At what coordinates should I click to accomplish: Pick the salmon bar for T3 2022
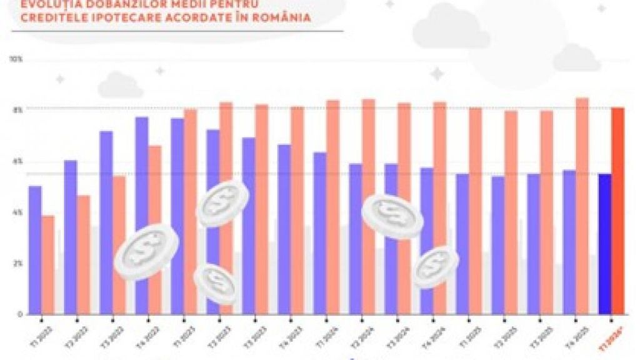point(119,244)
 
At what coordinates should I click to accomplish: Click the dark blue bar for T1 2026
point(605,244)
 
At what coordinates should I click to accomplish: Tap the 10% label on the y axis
point(16,59)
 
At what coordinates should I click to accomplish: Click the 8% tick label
point(17,110)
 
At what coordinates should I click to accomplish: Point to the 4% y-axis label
point(17,212)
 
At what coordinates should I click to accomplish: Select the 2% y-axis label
point(17,263)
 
